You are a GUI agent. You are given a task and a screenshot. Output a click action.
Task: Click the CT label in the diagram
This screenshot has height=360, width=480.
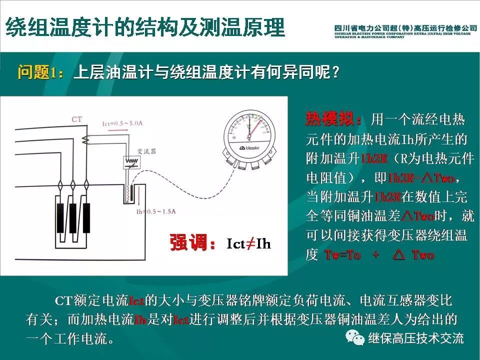[x=76, y=119]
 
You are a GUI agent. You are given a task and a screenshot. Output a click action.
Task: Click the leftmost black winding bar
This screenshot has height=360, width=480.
[x=61, y=219]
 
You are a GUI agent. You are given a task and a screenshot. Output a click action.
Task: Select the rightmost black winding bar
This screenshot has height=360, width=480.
[x=86, y=219]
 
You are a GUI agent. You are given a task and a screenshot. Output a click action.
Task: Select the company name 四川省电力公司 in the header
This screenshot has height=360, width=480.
[x=367, y=27]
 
